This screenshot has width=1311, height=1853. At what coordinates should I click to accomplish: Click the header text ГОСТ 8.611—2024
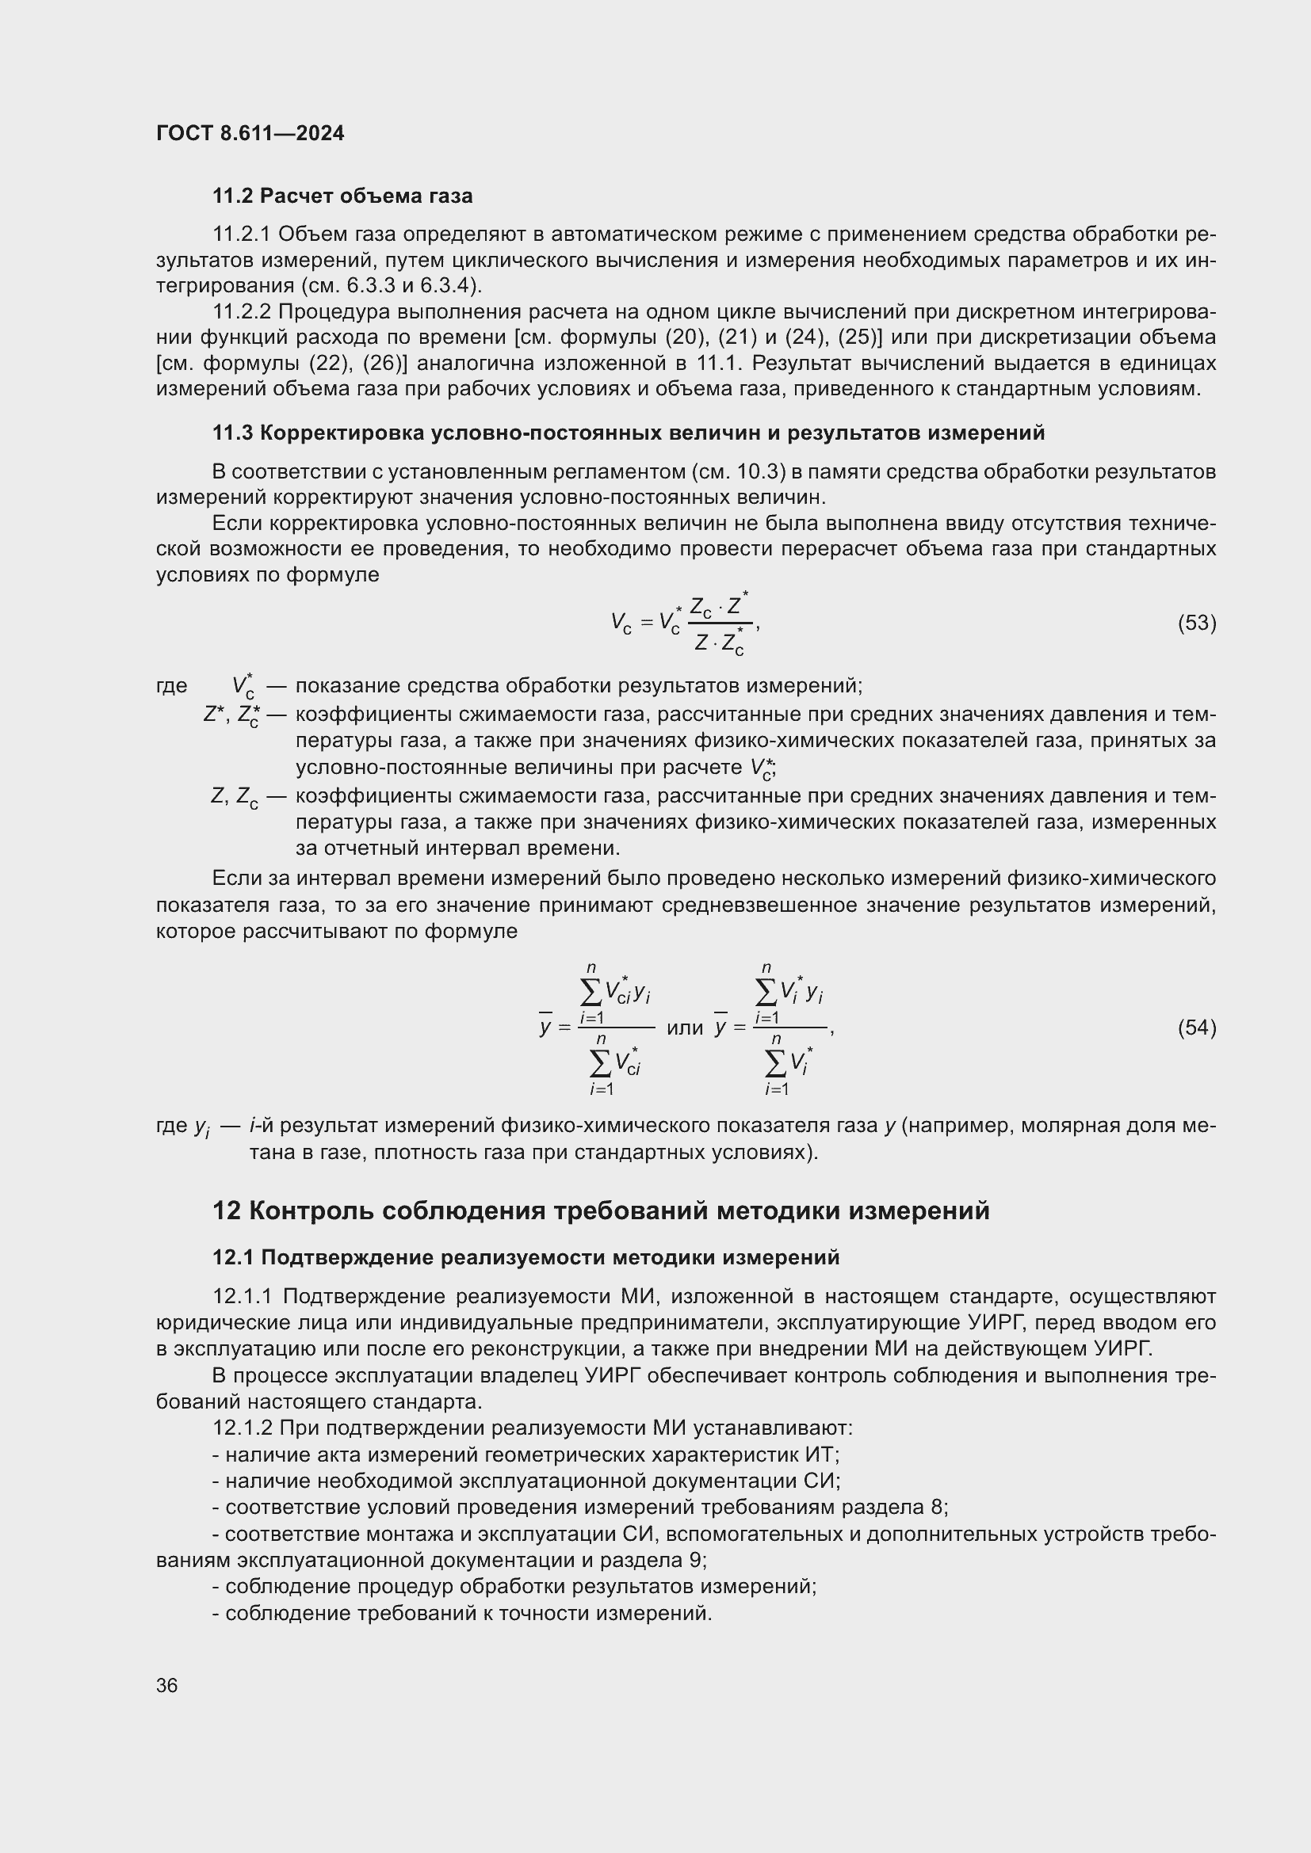pos(250,133)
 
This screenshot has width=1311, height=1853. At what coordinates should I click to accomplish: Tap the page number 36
pos(167,1685)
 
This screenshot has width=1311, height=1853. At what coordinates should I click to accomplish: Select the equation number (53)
pos(1196,622)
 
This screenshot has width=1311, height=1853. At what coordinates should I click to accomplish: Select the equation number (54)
pos(1196,1028)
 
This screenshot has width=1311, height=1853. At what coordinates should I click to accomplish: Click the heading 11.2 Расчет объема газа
pos(342,196)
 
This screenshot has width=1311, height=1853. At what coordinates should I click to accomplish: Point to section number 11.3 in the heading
pos(232,433)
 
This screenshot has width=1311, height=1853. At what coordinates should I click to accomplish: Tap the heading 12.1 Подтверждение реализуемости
pos(526,1257)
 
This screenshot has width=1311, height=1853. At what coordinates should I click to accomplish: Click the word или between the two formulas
pos(685,1028)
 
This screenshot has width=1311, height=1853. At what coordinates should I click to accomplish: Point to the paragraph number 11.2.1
pos(243,234)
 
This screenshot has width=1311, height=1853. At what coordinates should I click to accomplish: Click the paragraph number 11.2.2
pos(243,311)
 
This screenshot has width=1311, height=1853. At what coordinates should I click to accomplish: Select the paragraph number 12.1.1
pos(243,1296)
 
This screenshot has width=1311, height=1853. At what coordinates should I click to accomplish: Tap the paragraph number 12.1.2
pos(243,1428)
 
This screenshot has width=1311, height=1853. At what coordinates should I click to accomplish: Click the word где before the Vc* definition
pos(172,686)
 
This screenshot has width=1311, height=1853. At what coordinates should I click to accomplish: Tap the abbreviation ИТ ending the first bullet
pos(821,1455)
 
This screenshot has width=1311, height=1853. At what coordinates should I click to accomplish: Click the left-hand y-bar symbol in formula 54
pos(545,1028)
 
